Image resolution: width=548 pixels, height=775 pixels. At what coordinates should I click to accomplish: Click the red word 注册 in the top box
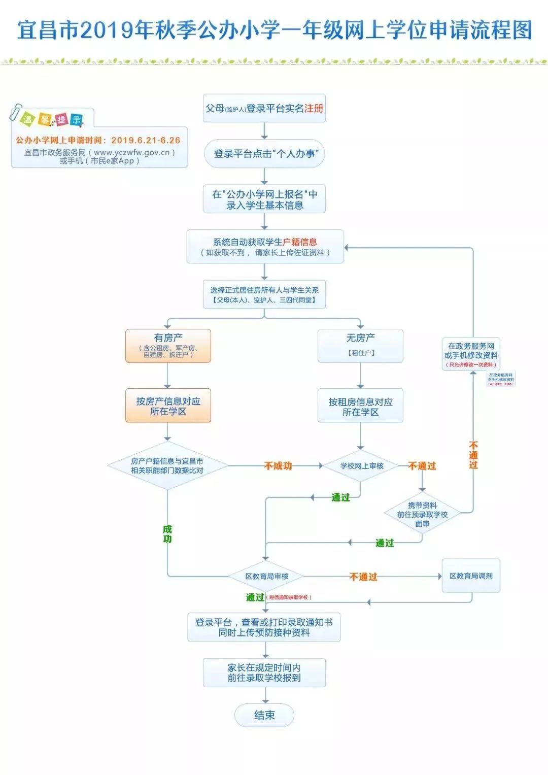pyautogui.click(x=314, y=108)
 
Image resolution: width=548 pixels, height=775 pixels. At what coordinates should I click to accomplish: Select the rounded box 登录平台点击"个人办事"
pyautogui.click(x=264, y=154)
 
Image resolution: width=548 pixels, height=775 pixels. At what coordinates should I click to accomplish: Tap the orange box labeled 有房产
pyautogui.click(x=168, y=345)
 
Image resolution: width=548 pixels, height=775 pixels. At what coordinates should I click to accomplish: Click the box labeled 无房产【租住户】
pyautogui.click(x=360, y=345)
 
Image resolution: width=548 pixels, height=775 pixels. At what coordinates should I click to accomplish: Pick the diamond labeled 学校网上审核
pyautogui.click(x=361, y=465)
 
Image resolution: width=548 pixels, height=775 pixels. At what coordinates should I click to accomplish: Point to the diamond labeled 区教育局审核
pyautogui.click(x=266, y=576)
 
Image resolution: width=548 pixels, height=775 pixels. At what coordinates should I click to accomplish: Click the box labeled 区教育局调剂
pyautogui.click(x=471, y=576)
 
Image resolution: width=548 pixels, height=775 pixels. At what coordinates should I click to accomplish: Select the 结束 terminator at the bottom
pyautogui.click(x=264, y=715)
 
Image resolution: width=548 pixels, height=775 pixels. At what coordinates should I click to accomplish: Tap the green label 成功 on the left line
pyautogui.click(x=167, y=534)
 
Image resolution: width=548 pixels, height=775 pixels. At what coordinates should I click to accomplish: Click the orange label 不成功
pyautogui.click(x=278, y=465)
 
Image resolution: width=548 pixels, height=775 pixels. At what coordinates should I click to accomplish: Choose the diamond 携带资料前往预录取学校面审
pyautogui.click(x=422, y=514)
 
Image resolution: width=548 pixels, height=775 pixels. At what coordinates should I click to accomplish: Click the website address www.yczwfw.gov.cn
pyautogui.click(x=131, y=152)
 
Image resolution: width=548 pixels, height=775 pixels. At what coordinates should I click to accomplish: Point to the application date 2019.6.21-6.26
pyautogui.click(x=146, y=140)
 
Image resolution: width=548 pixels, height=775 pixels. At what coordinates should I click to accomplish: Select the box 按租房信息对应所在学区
pyautogui.click(x=360, y=407)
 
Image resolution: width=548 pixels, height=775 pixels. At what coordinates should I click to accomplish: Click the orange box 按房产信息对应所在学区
pyautogui.click(x=168, y=406)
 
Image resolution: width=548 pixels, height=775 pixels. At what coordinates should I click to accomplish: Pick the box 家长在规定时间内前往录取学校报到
pyautogui.click(x=264, y=672)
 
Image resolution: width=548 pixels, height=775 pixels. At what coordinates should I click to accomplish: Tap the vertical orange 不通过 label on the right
pyautogui.click(x=473, y=455)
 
